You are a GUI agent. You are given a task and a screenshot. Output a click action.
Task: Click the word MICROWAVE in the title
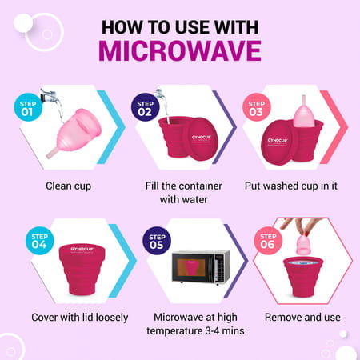pyautogui.click(x=180, y=50)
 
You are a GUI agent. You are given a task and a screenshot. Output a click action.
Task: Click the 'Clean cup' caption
pyautogui.click(x=68, y=185)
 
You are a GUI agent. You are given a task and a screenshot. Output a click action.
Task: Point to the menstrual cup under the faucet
pyautogui.click(x=68, y=128)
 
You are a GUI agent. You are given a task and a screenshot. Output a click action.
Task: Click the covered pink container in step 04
pyautogui.click(x=77, y=269)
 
